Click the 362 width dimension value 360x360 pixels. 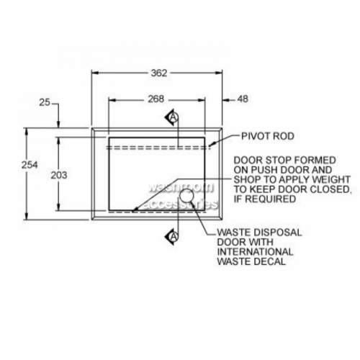pos(159,73)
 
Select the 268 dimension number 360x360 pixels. pos(156,99)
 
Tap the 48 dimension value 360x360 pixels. pos(243,99)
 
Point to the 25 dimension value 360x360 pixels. pos(45,103)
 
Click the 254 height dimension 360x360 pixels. pos(30,165)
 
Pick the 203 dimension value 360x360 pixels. pos(59,176)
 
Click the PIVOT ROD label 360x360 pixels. pos(268,136)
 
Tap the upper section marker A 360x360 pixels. pos(173,117)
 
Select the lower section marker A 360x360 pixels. pos(173,237)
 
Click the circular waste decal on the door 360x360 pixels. pos(186,195)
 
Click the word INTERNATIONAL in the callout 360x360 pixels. pos(255,252)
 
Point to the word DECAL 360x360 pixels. pos(271,261)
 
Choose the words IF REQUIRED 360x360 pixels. pos(265,199)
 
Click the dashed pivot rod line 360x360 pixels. pos(158,148)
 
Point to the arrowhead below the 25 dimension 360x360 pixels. pos(58,124)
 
